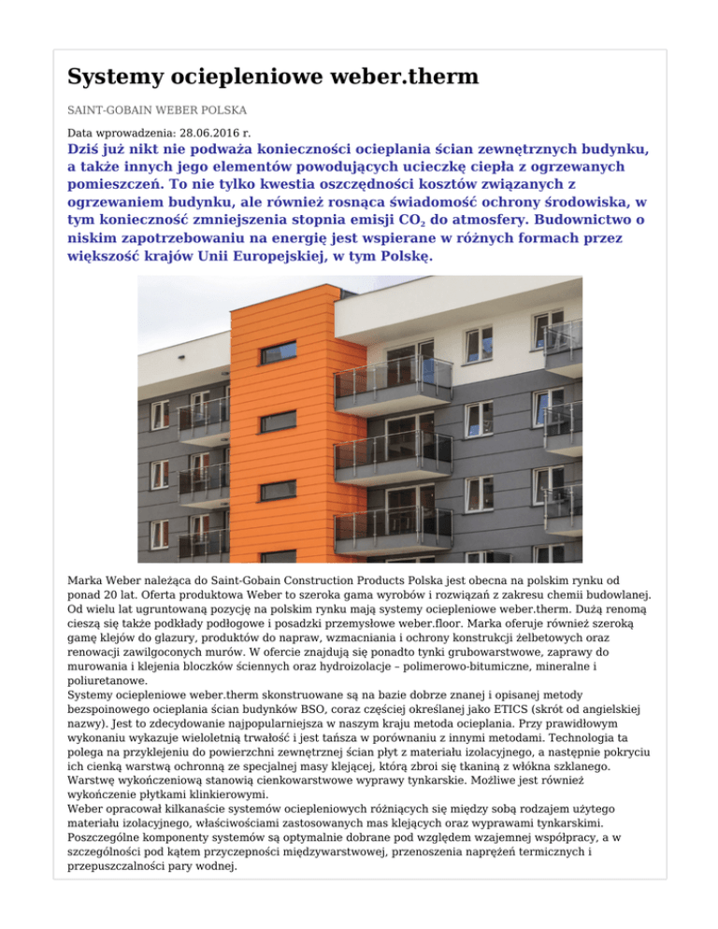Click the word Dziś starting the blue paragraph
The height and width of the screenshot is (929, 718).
pyautogui.click(x=87, y=150)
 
